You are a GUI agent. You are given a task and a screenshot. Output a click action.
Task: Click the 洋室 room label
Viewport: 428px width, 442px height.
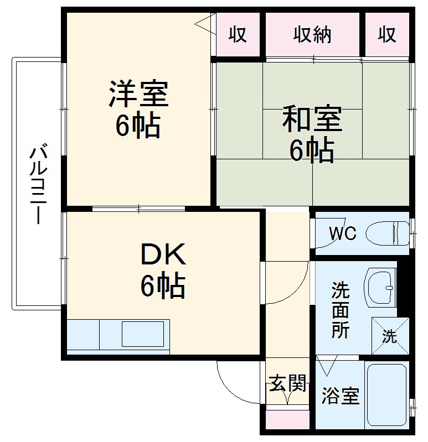(138, 93)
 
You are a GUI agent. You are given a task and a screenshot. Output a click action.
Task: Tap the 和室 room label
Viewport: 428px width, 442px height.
(312, 119)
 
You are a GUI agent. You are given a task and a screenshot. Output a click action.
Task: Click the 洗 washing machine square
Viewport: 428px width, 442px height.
(390, 336)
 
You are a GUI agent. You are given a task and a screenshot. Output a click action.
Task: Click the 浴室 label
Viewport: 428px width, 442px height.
(341, 396)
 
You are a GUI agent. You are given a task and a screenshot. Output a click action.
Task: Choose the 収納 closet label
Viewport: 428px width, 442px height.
(312, 35)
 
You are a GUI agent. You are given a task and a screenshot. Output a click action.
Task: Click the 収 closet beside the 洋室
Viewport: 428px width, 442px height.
(238, 35)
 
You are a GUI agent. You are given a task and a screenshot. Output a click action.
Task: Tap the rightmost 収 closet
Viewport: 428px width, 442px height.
(387, 35)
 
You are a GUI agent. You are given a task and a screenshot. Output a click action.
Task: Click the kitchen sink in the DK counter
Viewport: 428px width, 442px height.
(143, 335)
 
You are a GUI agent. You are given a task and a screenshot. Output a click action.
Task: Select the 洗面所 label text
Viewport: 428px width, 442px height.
(341, 310)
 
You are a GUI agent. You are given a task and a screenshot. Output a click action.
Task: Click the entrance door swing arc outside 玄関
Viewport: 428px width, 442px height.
(233, 382)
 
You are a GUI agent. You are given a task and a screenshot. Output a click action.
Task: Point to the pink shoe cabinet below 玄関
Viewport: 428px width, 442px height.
(287, 419)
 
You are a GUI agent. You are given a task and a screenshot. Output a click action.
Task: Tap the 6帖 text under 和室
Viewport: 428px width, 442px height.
(312, 149)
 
